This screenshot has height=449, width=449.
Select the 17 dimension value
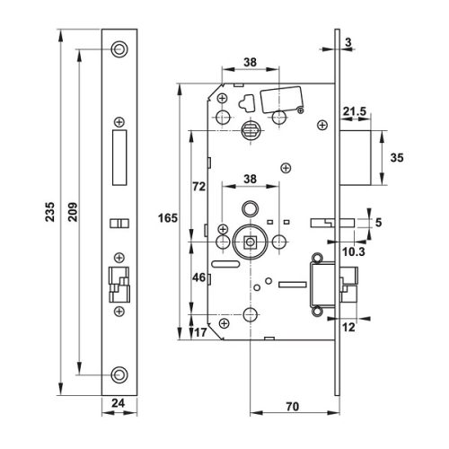tap(201, 332)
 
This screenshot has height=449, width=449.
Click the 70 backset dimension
tap(293, 405)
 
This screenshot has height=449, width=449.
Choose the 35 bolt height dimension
tap(396, 156)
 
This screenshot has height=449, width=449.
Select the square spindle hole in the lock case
tap(249, 242)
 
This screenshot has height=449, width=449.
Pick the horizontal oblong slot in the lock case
tap(225, 266)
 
